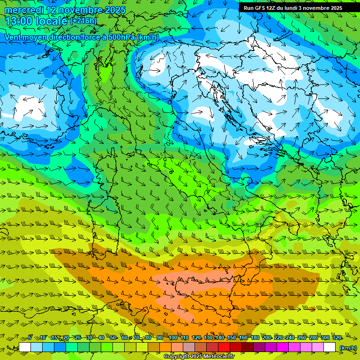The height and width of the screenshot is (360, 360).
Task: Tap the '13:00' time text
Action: click(18, 21)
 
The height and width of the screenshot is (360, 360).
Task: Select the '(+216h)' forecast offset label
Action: click(83, 21)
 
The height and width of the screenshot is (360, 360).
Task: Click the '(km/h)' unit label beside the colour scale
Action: click(348, 347)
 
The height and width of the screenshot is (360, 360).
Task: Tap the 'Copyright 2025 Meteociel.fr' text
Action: click(199, 357)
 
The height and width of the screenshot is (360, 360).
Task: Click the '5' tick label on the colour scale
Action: click(30, 338)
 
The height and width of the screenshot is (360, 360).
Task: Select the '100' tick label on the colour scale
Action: click(173, 338)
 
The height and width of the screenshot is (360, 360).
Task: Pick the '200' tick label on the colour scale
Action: click(267, 338)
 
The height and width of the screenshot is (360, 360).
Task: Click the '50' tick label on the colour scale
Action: click(113, 338)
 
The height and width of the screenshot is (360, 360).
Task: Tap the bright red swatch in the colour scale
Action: click(224, 347)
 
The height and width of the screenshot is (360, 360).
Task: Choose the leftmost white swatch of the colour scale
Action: click(25, 347)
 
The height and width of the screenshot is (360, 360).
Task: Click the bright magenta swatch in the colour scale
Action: click(283, 347)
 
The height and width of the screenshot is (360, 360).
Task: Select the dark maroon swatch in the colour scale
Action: click(247, 347)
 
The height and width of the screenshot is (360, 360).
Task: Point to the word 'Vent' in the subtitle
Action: click(14, 37)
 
